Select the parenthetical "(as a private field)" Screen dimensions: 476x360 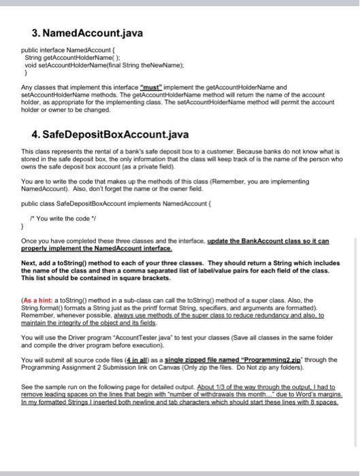tap(147, 166)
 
